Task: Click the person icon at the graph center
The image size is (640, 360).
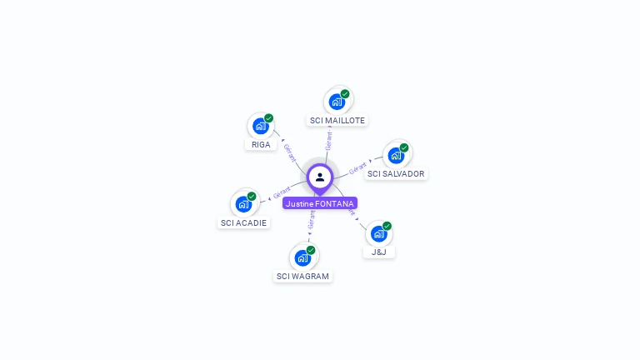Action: [x=320, y=177]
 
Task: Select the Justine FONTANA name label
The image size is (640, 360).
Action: [x=320, y=203]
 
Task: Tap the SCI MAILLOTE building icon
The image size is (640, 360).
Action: [x=337, y=102]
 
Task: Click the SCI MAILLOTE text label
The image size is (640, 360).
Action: [x=337, y=120]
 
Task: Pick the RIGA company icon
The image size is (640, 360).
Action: [x=261, y=127]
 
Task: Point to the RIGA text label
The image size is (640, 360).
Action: [x=261, y=144]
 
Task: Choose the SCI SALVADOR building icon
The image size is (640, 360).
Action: [x=396, y=155]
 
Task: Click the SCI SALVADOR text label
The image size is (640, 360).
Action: [x=396, y=173]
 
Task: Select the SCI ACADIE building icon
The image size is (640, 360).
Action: [x=243, y=204]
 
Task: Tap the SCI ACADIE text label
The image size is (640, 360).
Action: [x=243, y=222]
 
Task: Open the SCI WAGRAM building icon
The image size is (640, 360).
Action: [x=302, y=257]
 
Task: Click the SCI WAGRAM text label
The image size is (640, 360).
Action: [x=302, y=276]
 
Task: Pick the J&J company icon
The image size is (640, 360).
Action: [x=379, y=233]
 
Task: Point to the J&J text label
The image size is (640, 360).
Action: [x=379, y=252]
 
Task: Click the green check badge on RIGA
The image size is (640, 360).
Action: [x=268, y=118]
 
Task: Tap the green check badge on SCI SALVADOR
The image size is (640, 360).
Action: [x=404, y=147]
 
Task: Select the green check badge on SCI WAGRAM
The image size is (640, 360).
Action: [x=311, y=250]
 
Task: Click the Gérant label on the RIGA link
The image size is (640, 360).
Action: [x=289, y=152]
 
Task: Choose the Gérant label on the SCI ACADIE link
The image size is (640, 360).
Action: [x=282, y=193]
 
